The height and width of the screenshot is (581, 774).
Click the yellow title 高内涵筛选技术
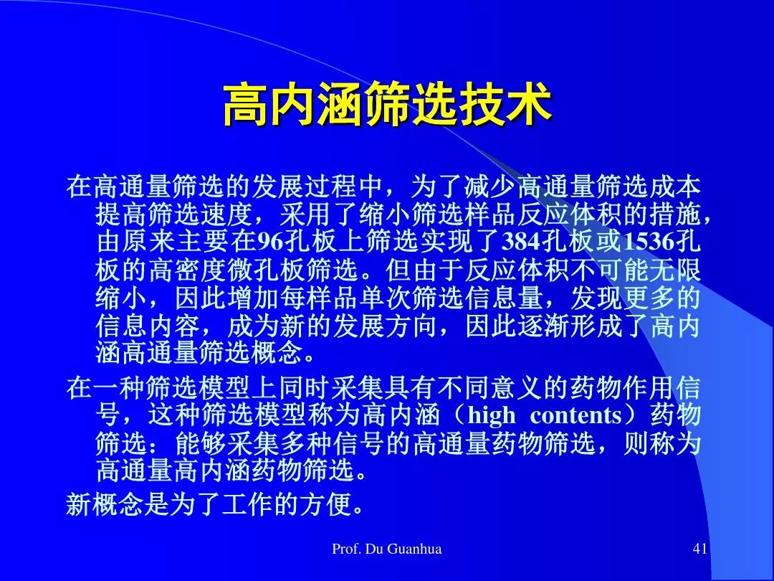pos(388,105)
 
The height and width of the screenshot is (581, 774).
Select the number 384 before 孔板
pos(521,242)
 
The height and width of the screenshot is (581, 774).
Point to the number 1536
pos(649,242)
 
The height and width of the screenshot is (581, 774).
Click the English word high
pos(491,415)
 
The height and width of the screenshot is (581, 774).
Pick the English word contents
pos(576,415)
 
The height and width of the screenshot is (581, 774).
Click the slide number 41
pos(700,549)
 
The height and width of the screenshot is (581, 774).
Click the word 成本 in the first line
pos(674,186)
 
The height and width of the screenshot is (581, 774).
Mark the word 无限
pos(674,269)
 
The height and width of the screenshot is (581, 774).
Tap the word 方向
pos(411,325)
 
